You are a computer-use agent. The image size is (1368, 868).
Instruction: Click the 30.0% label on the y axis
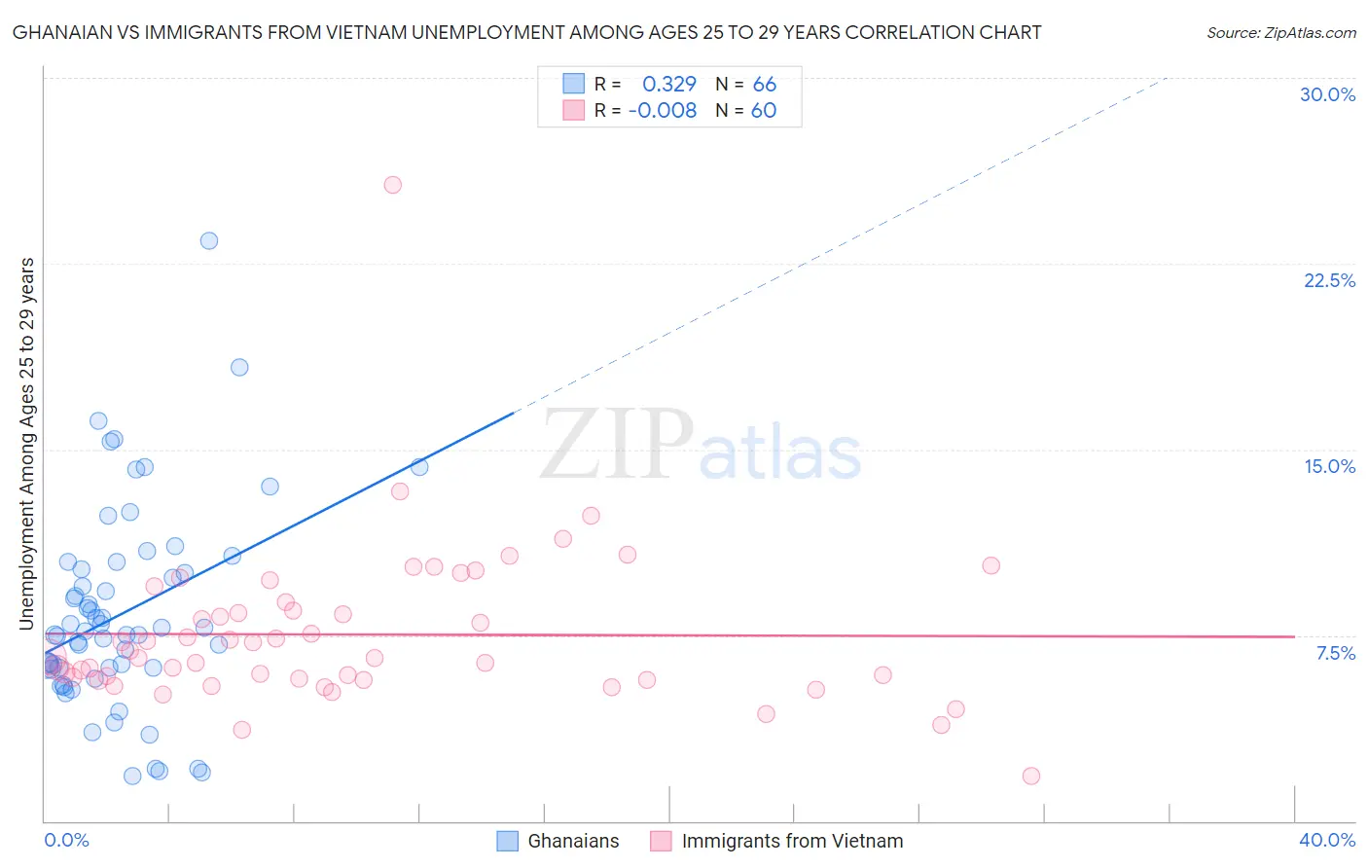tap(1327, 94)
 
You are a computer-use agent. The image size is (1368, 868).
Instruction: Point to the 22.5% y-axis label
tap(1329, 280)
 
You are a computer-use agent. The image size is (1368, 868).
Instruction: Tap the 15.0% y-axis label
tap(1329, 466)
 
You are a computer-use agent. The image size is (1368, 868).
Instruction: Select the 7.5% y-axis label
tap(1335, 653)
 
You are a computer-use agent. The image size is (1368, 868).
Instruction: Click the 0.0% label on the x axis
tap(66, 840)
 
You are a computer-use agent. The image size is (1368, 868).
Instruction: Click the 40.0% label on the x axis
tap(1327, 840)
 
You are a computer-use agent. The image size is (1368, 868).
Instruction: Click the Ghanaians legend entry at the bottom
tap(573, 841)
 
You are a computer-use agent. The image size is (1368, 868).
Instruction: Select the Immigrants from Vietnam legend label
tap(792, 841)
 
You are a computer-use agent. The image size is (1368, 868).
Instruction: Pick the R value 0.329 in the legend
tap(669, 85)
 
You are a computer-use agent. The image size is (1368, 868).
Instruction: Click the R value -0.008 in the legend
tap(663, 111)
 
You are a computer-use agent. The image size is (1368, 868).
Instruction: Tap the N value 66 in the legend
tap(765, 85)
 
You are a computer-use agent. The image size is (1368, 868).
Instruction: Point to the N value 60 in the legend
tap(764, 111)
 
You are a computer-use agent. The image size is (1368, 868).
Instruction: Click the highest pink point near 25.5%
tap(393, 185)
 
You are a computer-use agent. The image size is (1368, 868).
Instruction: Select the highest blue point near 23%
tap(209, 240)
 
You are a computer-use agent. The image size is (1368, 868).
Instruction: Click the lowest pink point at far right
tap(1031, 776)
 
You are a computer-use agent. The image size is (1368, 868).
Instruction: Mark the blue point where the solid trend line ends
tap(419, 467)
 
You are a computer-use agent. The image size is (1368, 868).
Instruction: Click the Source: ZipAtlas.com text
tap(1280, 33)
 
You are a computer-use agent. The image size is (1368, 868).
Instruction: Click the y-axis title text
tap(27, 444)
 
